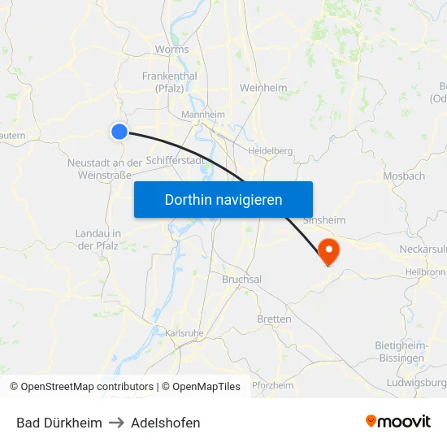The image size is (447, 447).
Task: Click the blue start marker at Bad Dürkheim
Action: tap(119, 131)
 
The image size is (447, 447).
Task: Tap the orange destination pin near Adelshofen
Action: tap(329, 249)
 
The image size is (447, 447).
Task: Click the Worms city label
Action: tap(171, 50)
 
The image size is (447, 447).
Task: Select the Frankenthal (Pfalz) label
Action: tap(169, 82)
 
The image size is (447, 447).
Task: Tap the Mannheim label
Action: tap(202, 115)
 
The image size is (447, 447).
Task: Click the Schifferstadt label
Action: tap(176, 161)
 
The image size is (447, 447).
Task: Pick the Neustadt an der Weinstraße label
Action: tap(105, 168)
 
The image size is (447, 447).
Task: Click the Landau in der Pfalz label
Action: tap(98, 239)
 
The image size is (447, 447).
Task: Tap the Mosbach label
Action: tap(404, 176)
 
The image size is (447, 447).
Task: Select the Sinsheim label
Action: tap(323, 220)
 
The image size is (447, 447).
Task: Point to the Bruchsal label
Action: tap(241, 279)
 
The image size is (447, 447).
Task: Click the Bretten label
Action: tap(274, 319)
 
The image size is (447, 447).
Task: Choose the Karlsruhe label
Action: tap(184, 333)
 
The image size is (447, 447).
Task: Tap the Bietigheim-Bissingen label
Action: tap(400, 351)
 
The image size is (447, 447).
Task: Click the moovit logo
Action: tap(397, 422)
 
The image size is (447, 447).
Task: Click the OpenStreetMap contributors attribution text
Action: tap(81, 387)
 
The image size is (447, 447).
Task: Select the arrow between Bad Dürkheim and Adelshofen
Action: tap(116, 423)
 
